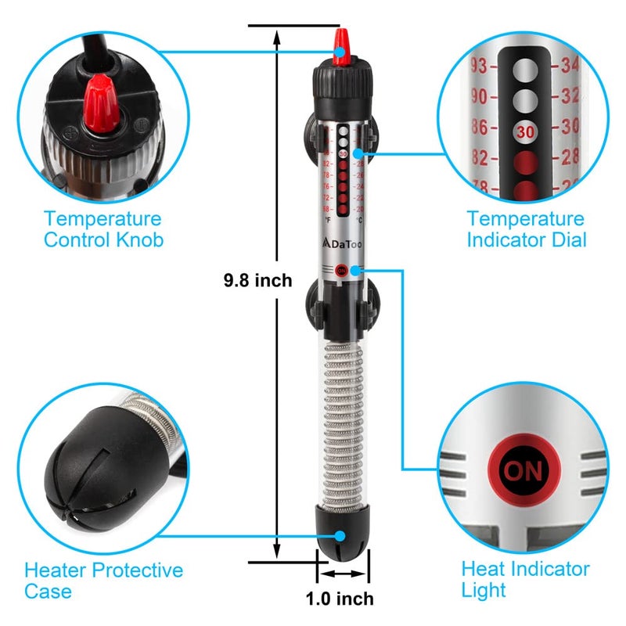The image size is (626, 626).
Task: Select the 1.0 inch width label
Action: click(x=340, y=599)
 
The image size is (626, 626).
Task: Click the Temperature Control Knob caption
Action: click(x=103, y=229)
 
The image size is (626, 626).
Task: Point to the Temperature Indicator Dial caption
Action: click(x=526, y=229)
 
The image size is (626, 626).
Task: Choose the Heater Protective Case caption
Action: click(x=103, y=580)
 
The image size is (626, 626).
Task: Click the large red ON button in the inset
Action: click(x=522, y=471)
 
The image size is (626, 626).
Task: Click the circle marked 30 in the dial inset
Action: click(x=525, y=131)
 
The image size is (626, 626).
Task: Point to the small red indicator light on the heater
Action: click(x=340, y=272)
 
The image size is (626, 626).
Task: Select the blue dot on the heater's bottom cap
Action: click(x=340, y=536)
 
